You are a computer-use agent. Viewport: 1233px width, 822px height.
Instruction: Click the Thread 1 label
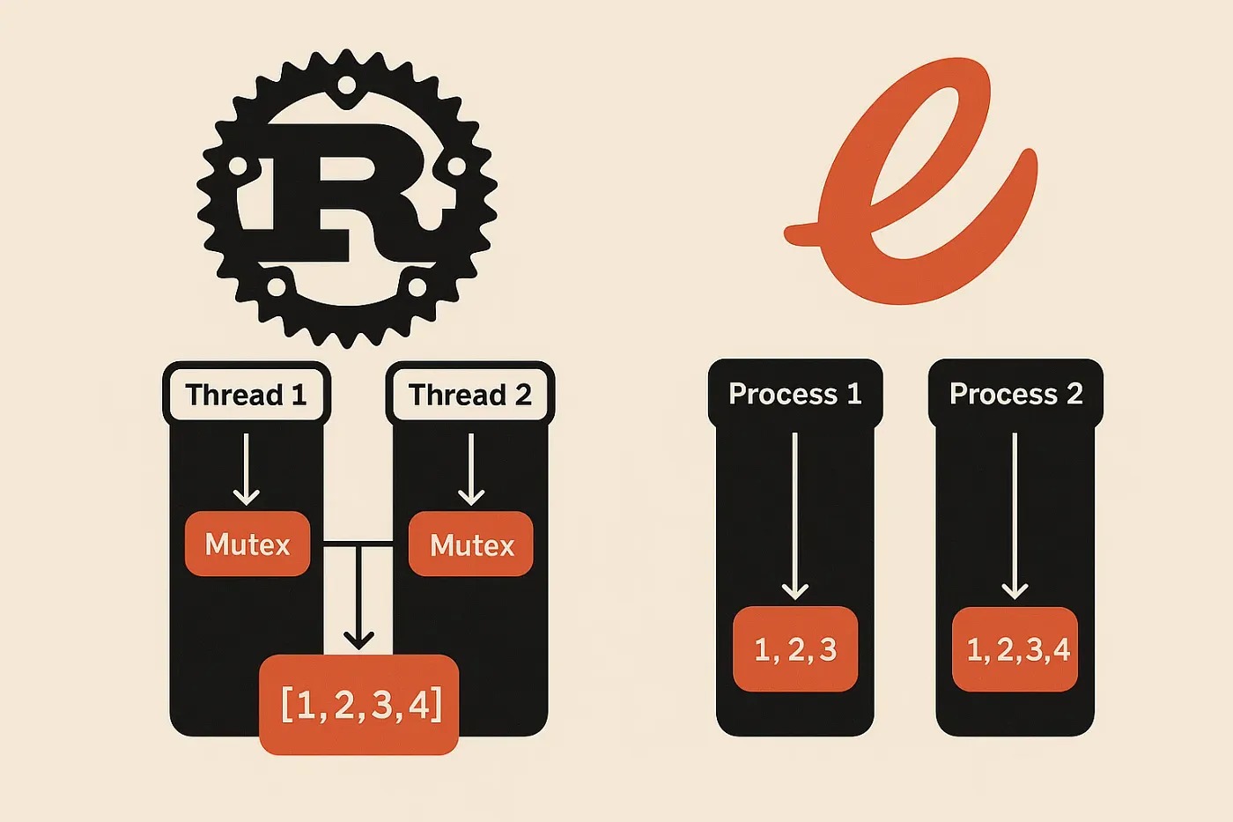click(247, 394)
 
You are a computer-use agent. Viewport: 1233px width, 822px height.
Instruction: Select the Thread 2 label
click(470, 394)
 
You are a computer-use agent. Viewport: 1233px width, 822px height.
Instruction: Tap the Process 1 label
click(794, 393)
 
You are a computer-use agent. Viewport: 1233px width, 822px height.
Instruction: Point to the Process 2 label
click(1015, 393)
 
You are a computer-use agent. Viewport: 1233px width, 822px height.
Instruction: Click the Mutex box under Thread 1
click(247, 544)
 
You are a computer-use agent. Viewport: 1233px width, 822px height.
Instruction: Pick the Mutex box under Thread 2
click(471, 545)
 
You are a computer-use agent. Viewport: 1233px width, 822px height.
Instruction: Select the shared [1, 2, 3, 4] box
click(359, 704)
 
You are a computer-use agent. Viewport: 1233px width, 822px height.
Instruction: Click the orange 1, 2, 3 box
click(795, 649)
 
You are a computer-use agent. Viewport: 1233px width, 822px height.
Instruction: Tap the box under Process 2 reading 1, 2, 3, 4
click(1015, 649)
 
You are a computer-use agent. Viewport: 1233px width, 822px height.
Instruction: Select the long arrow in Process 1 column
click(794, 515)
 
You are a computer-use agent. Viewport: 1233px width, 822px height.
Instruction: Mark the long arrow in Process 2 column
click(1015, 515)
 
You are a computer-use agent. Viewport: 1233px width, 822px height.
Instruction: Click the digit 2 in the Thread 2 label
click(523, 395)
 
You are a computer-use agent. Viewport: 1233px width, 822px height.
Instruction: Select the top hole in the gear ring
click(346, 86)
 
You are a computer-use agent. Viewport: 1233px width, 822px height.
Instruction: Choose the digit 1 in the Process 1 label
click(853, 393)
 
